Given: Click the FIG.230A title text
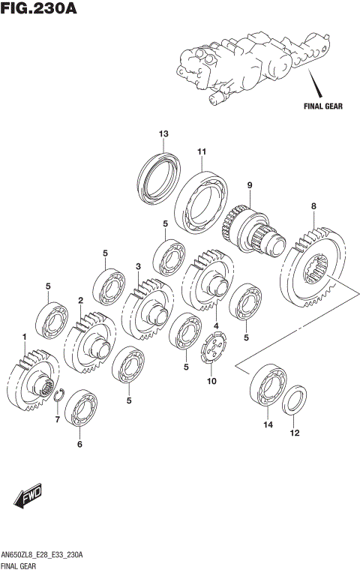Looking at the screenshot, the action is click(39, 8).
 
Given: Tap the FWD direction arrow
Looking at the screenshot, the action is click(28, 496).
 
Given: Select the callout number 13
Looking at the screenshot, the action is click(163, 133).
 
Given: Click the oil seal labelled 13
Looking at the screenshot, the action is click(159, 179).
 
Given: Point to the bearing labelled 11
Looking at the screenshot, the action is click(201, 202).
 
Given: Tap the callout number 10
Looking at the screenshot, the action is click(211, 381).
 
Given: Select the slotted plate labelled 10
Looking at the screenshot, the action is click(214, 347).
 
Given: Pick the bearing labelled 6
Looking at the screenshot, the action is click(81, 407).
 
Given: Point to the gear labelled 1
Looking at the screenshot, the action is click(33, 380).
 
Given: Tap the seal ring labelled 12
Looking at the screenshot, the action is click(294, 400).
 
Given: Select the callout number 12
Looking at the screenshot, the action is click(295, 433).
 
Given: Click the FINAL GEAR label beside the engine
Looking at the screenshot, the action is click(323, 106).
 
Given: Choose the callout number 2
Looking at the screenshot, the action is click(80, 301).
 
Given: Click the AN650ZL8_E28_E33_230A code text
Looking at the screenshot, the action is click(42, 556).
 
